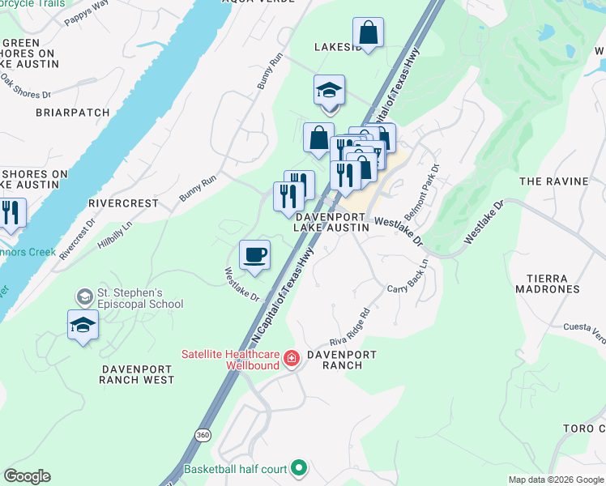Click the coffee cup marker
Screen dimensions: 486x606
[x=254, y=256]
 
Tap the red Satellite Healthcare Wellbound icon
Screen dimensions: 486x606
[x=291, y=358]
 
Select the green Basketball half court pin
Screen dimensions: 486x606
[x=299, y=467]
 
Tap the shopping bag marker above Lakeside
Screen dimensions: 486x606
[x=368, y=34]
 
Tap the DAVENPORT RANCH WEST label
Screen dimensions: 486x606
[x=137, y=373]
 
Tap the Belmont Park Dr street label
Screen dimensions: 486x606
[x=427, y=185]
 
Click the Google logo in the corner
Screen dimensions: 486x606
[x=27, y=476]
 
